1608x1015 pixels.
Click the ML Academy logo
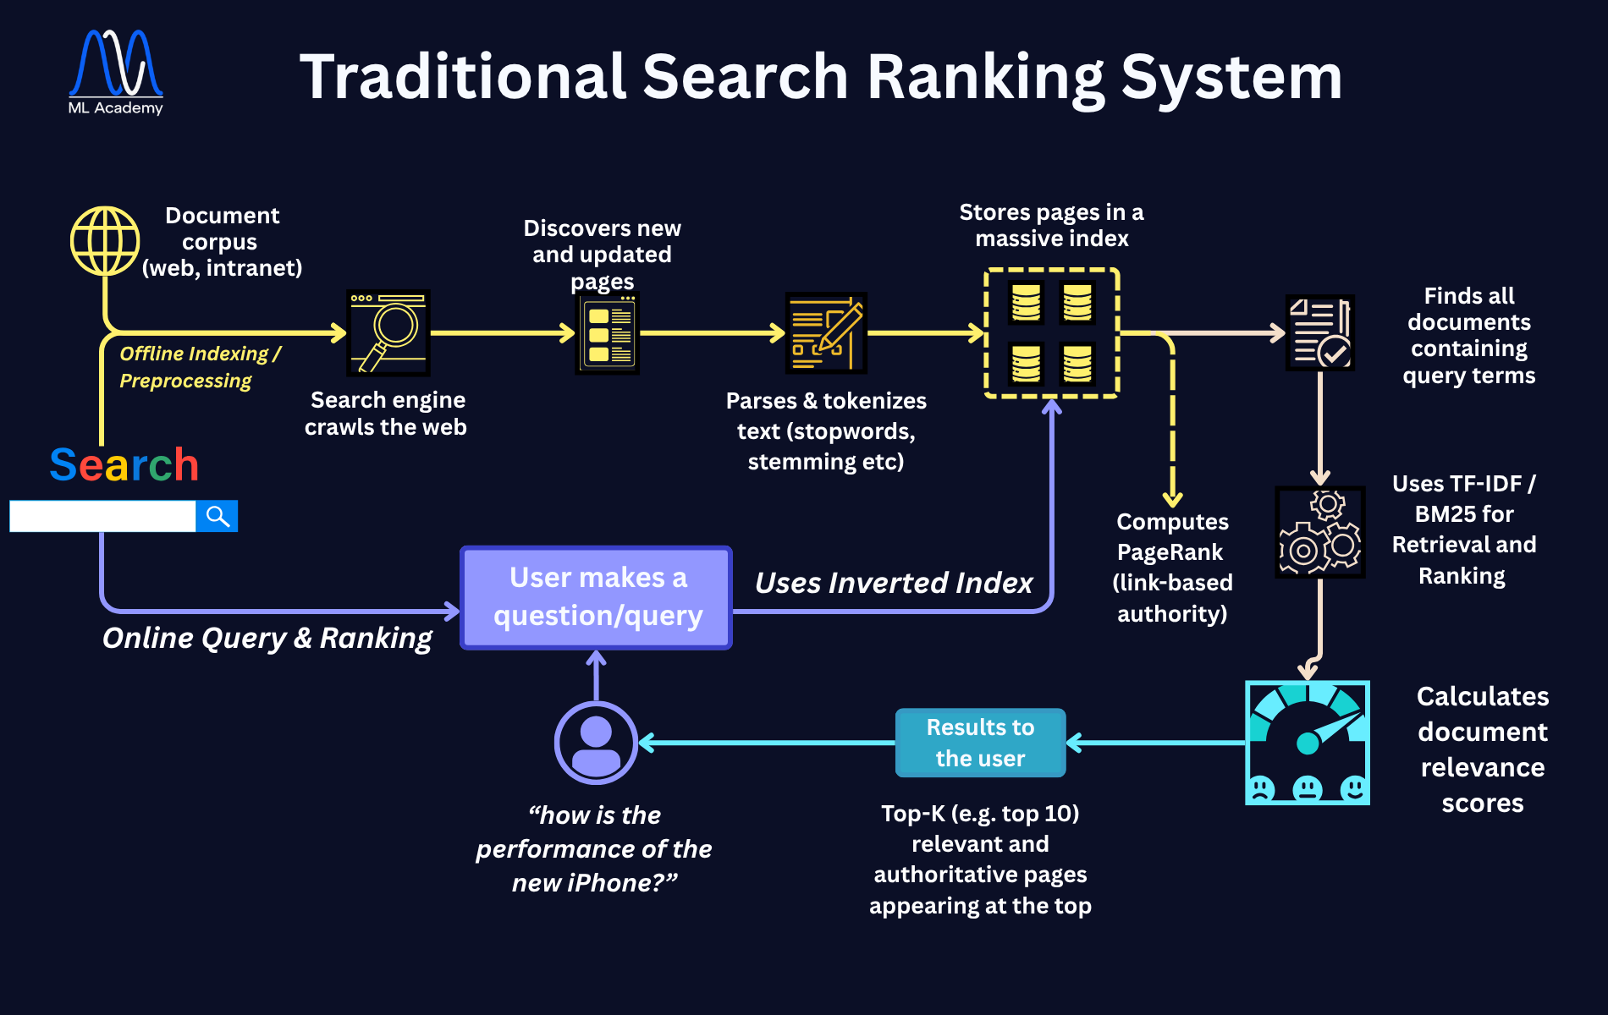116,73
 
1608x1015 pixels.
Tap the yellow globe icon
105,241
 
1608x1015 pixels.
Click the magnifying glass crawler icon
388,332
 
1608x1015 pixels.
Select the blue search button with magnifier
217,516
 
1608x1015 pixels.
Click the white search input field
102,516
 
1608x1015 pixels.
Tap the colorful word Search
124,465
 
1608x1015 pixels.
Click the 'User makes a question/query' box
597,597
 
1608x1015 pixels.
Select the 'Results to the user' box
980,743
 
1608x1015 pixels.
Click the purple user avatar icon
596,743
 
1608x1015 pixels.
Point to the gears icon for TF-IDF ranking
1319,532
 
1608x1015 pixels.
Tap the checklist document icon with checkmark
1319,332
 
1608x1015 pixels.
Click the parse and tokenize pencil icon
826,332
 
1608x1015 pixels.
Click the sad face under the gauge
1260,789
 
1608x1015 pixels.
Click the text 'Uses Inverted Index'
894,583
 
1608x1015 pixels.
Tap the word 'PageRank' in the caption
1170,552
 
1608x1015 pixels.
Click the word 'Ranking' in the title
985,77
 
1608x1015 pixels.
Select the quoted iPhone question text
594,848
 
